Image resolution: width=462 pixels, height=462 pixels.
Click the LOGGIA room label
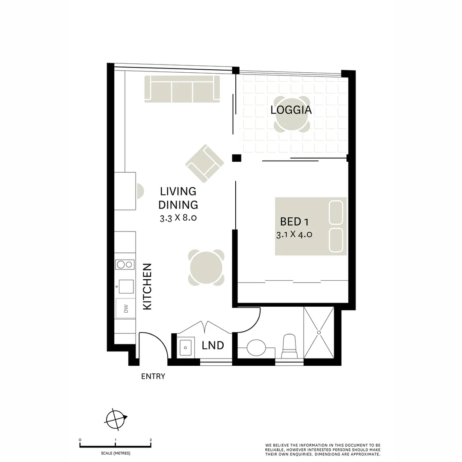291,110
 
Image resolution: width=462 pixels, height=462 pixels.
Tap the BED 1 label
294,222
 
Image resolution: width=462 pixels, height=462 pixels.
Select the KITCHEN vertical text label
147,287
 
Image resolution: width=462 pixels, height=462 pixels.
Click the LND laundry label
213,345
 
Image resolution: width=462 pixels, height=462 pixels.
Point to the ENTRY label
153,376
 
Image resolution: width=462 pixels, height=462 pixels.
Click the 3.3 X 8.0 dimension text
178,218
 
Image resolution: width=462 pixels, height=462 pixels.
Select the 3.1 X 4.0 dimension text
294,234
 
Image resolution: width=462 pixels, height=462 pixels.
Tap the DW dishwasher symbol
126,308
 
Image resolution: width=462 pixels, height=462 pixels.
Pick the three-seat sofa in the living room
182,89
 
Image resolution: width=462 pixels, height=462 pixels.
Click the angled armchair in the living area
204,163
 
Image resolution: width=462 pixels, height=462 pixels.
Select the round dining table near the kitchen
206,268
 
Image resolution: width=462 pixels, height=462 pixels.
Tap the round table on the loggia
292,121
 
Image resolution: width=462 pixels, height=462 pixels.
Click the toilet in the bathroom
289,346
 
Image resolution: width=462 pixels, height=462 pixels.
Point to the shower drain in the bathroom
319,332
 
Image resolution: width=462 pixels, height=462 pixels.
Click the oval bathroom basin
257,347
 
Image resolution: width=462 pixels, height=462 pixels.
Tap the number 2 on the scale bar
151,440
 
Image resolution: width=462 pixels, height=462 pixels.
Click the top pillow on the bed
336,212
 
